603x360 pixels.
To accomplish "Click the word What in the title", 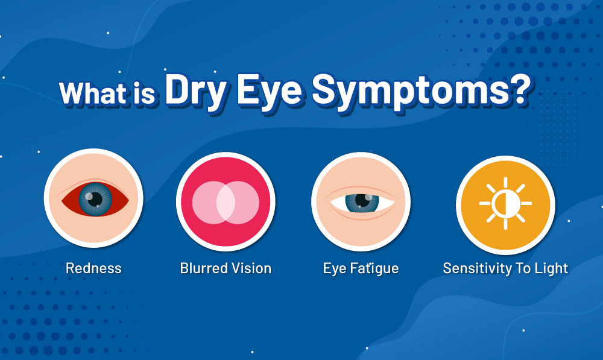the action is (93, 93).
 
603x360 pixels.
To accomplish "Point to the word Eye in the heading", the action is (269, 92).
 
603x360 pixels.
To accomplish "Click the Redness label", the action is (93, 268).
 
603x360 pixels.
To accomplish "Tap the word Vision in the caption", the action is (251, 268).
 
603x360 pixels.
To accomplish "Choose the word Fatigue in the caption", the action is (374, 269).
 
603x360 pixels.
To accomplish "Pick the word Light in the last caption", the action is (552, 269).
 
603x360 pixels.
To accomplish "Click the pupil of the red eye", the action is (95, 199).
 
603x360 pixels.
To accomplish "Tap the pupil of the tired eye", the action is (362, 200).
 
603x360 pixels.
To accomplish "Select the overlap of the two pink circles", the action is (226, 202).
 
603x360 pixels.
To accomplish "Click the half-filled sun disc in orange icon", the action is (505, 203).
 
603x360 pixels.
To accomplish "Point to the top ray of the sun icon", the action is (505, 182).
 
